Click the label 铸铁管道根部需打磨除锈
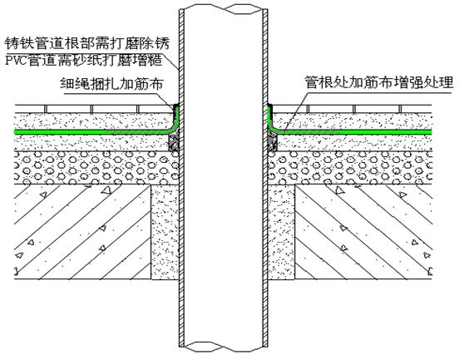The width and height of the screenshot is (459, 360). point(87,43)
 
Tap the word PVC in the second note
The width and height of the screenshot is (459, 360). point(17,61)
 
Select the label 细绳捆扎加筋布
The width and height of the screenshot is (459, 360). point(111,84)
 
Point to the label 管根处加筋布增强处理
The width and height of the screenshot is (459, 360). point(379,82)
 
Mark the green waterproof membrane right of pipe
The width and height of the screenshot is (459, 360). point(351,131)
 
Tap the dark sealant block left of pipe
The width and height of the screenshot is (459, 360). point(175,142)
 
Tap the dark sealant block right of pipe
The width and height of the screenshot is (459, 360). point(273,142)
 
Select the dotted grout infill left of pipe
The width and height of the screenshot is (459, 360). point(165,232)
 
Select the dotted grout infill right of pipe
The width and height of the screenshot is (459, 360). point(281,232)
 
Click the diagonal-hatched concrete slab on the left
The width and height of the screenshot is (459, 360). point(82,232)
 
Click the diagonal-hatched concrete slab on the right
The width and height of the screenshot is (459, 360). point(363,232)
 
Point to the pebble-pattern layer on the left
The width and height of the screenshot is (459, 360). point(96,168)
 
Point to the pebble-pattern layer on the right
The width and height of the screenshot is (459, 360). point(350,168)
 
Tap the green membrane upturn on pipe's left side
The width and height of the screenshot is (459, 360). point(176,117)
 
